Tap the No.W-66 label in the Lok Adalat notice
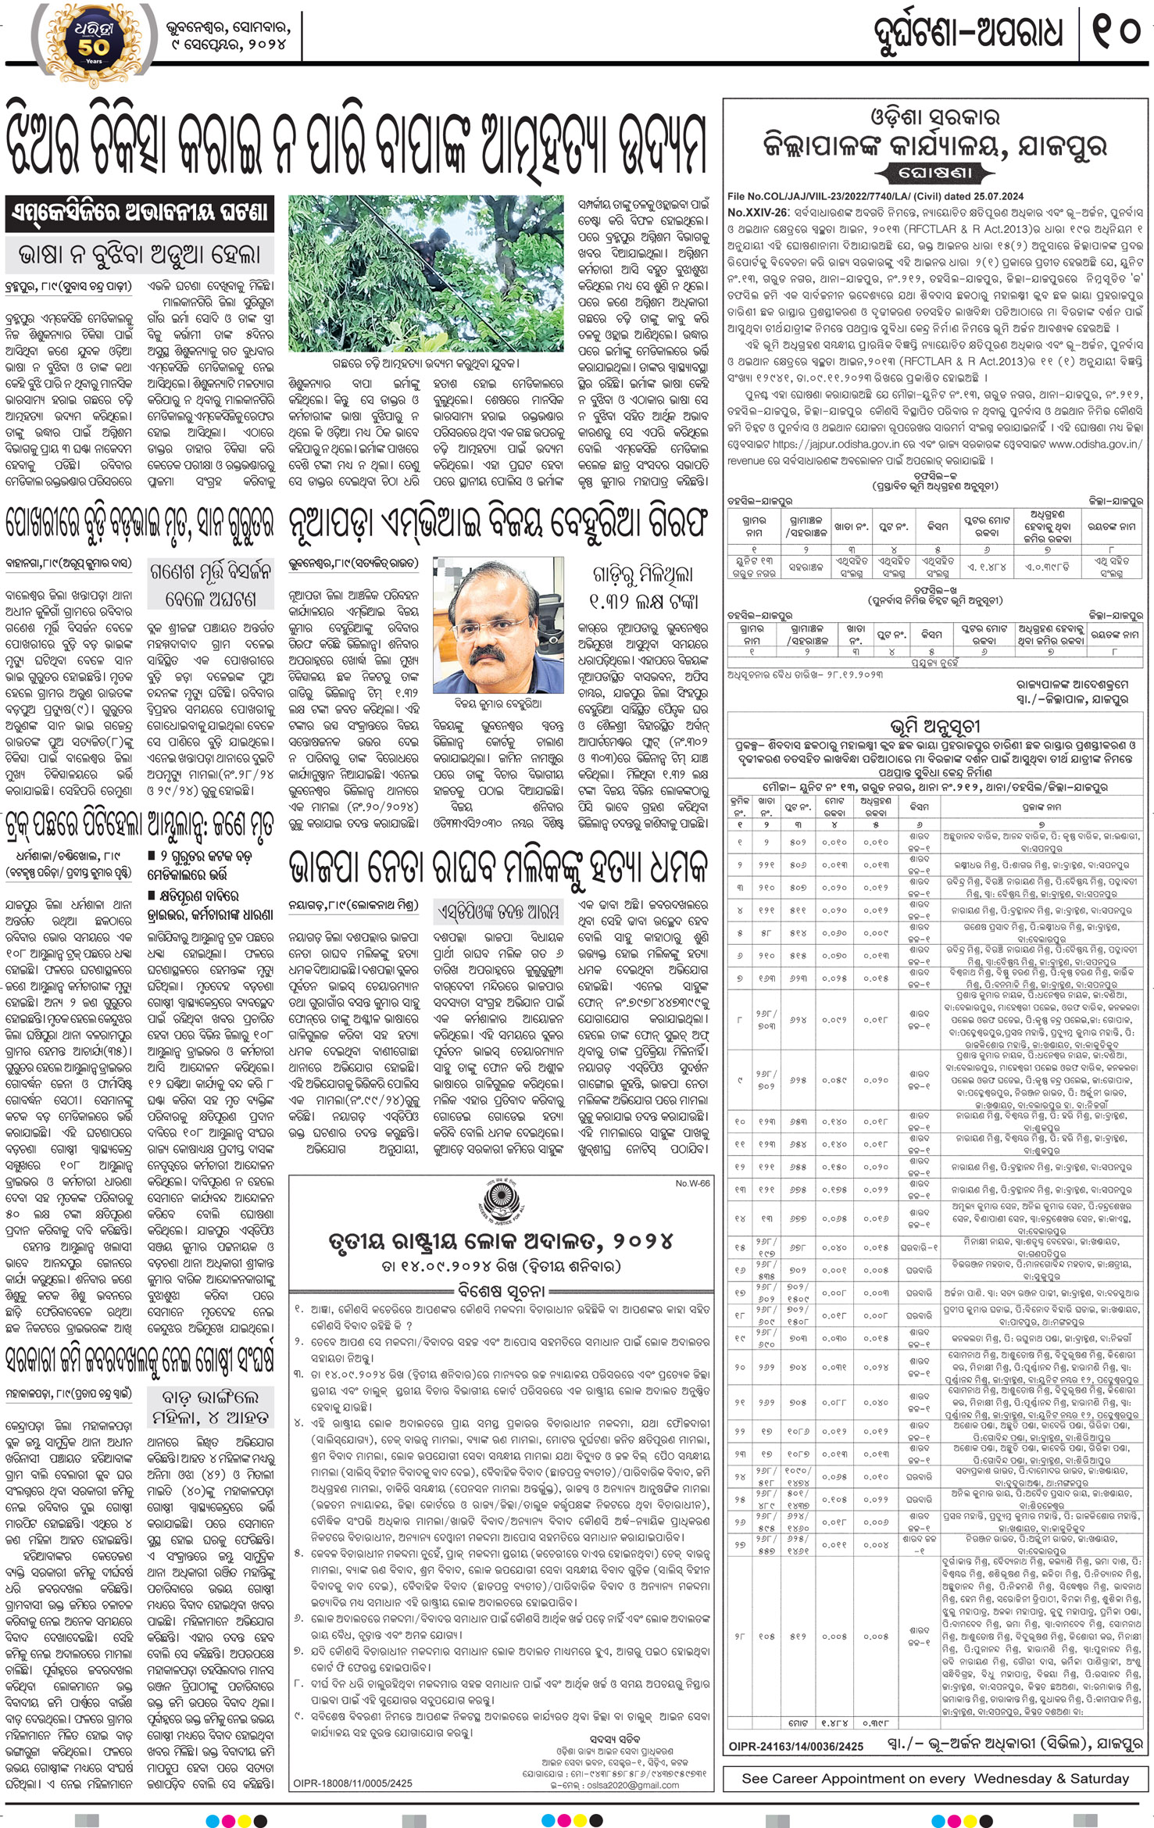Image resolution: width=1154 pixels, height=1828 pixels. tap(692, 1183)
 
